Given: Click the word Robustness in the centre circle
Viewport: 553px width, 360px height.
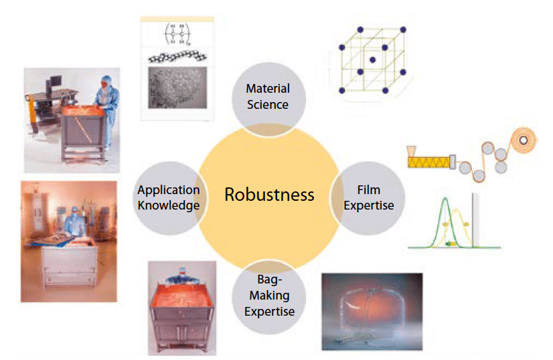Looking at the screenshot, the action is pyautogui.click(x=269, y=195).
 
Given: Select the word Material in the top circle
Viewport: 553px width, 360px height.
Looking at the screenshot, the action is pyautogui.click(x=268, y=88).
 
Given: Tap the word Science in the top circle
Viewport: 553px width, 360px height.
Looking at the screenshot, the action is pyautogui.click(x=268, y=105).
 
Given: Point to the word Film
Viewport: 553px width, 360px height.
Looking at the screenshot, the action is pyautogui.click(x=368, y=190).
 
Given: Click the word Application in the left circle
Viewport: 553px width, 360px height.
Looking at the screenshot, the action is pyautogui.click(x=168, y=191).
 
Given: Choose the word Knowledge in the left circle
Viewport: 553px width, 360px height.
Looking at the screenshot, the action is pyautogui.click(x=168, y=206).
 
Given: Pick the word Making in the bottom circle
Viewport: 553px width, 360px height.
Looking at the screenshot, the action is pyautogui.click(x=269, y=296).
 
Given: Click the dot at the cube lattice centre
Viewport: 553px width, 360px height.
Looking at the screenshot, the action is pyautogui.click(x=372, y=60).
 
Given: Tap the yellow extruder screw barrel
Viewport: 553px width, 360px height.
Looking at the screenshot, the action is pyautogui.click(x=430, y=162).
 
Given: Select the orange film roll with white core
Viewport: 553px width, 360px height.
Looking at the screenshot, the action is pyautogui.click(x=523, y=140).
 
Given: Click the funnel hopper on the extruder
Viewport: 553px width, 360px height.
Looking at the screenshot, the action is pyautogui.click(x=411, y=151).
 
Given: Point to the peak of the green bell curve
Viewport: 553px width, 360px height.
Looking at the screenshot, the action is pyautogui.click(x=445, y=198).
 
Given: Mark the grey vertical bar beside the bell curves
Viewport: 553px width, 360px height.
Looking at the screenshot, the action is pyautogui.click(x=475, y=220).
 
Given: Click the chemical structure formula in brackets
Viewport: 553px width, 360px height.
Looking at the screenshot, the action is pyautogui.click(x=177, y=34).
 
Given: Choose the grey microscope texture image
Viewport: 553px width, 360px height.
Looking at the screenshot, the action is pyautogui.click(x=177, y=87).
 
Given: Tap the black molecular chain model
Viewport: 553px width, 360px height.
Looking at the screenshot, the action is pyautogui.click(x=177, y=57).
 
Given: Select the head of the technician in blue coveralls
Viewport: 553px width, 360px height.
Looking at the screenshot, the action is pyautogui.click(x=107, y=82).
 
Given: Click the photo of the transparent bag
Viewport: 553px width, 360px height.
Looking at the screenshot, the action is pyautogui.click(x=372, y=312).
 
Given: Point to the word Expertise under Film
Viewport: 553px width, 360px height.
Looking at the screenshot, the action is pyautogui.click(x=369, y=206).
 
